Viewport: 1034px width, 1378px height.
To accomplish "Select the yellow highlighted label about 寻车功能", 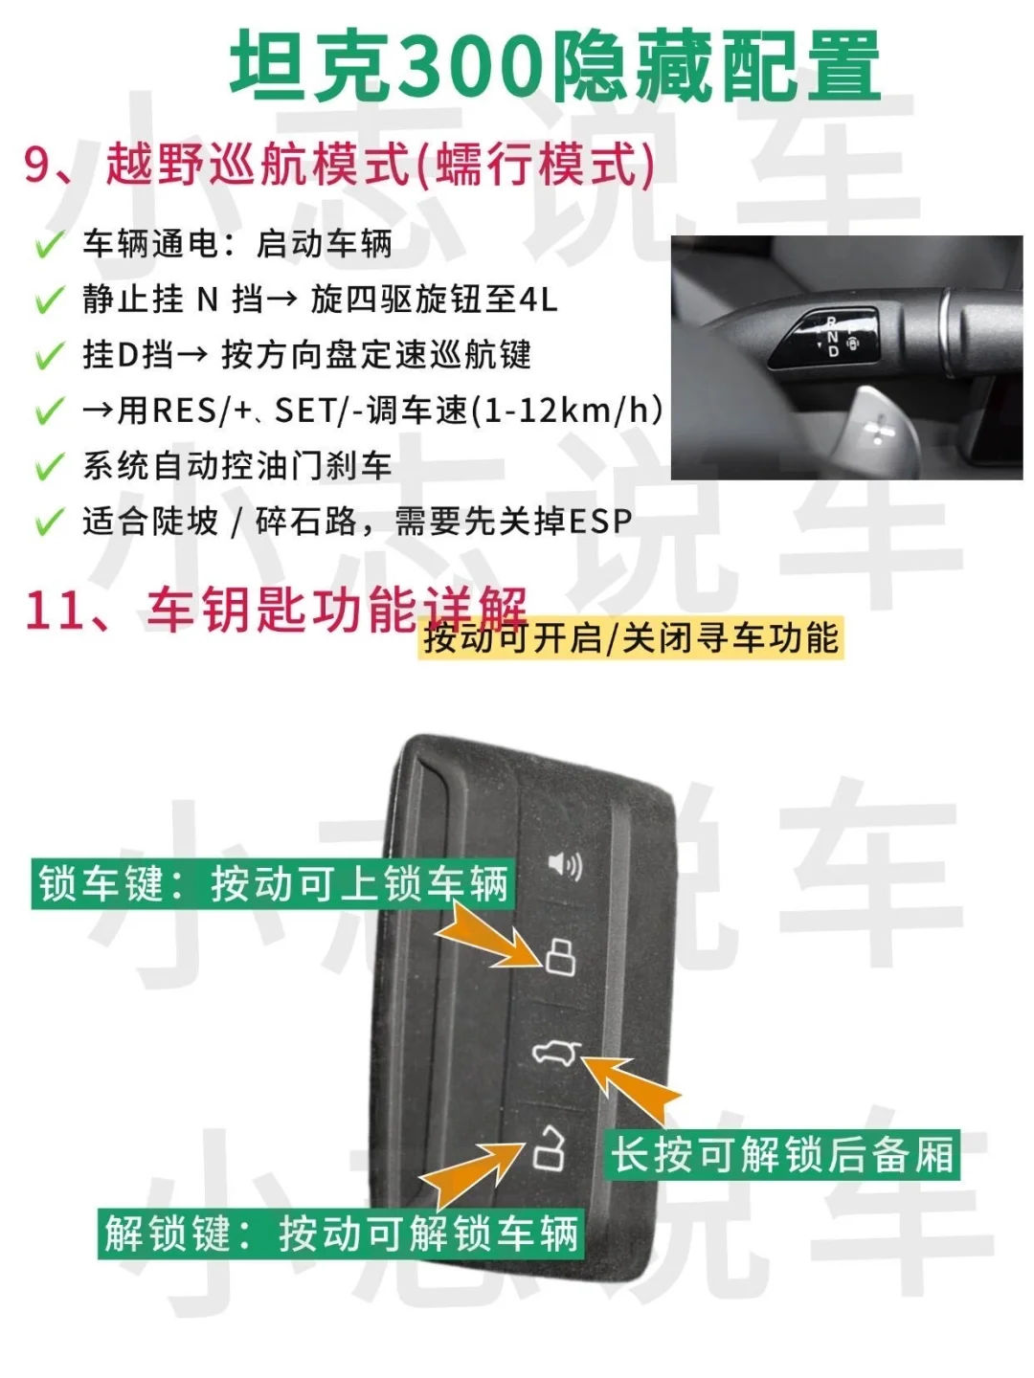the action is [x=630, y=638].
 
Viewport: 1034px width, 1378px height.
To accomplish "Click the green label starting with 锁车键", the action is [x=273, y=884].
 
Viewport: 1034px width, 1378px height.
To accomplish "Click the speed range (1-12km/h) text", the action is [x=566, y=411].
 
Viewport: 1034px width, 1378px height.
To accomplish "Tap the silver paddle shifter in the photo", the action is [x=879, y=430].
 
